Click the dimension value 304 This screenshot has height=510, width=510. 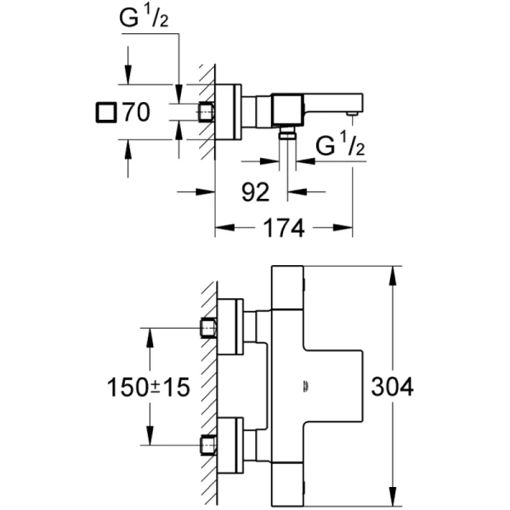click(x=393, y=388)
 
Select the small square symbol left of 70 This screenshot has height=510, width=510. click(x=106, y=111)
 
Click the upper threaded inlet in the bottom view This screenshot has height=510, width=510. click(x=208, y=327)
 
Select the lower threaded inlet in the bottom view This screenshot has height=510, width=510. click(x=208, y=444)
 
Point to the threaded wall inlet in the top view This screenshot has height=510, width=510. click(x=207, y=111)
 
